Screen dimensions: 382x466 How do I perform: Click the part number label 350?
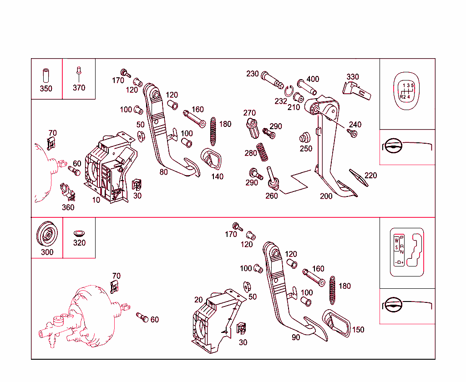coord(46,89)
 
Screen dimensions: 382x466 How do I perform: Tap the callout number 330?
coord(353,77)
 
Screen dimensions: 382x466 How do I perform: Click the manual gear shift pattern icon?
coord(407,91)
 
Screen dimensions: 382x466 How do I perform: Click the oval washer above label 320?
coord(79,233)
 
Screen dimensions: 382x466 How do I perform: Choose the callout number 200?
coord(326,196)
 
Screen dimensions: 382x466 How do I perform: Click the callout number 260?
coord(272,196)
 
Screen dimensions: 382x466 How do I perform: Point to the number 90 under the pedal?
coord(296,337)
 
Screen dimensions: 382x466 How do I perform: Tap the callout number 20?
coord(198,300)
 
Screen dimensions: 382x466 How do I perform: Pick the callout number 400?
coord(313,79)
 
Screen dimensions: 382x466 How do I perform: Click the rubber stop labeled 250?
coord(304,138)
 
